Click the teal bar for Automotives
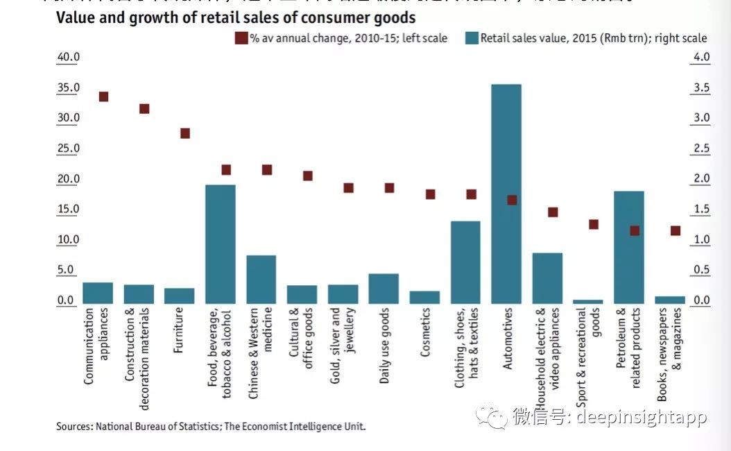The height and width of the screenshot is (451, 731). point(506,194)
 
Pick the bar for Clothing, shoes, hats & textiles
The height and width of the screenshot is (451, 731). point(465,262)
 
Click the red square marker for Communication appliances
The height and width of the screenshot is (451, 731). point(103,96)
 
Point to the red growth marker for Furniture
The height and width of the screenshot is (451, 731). point(185,133)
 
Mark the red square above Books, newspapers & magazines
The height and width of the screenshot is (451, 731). point(676,230)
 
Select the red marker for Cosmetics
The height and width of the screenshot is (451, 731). point(431,194)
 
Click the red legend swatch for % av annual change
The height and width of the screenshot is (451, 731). point(241,38)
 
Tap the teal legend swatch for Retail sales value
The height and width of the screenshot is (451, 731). point(471,38)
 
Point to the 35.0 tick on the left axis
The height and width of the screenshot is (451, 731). point(67,87)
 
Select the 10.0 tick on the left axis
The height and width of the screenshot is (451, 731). point(67,240)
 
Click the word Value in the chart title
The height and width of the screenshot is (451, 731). point(74,18)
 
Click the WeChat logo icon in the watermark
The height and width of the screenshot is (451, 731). point(495,417)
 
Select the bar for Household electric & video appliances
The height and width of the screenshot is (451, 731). point(547,278)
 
